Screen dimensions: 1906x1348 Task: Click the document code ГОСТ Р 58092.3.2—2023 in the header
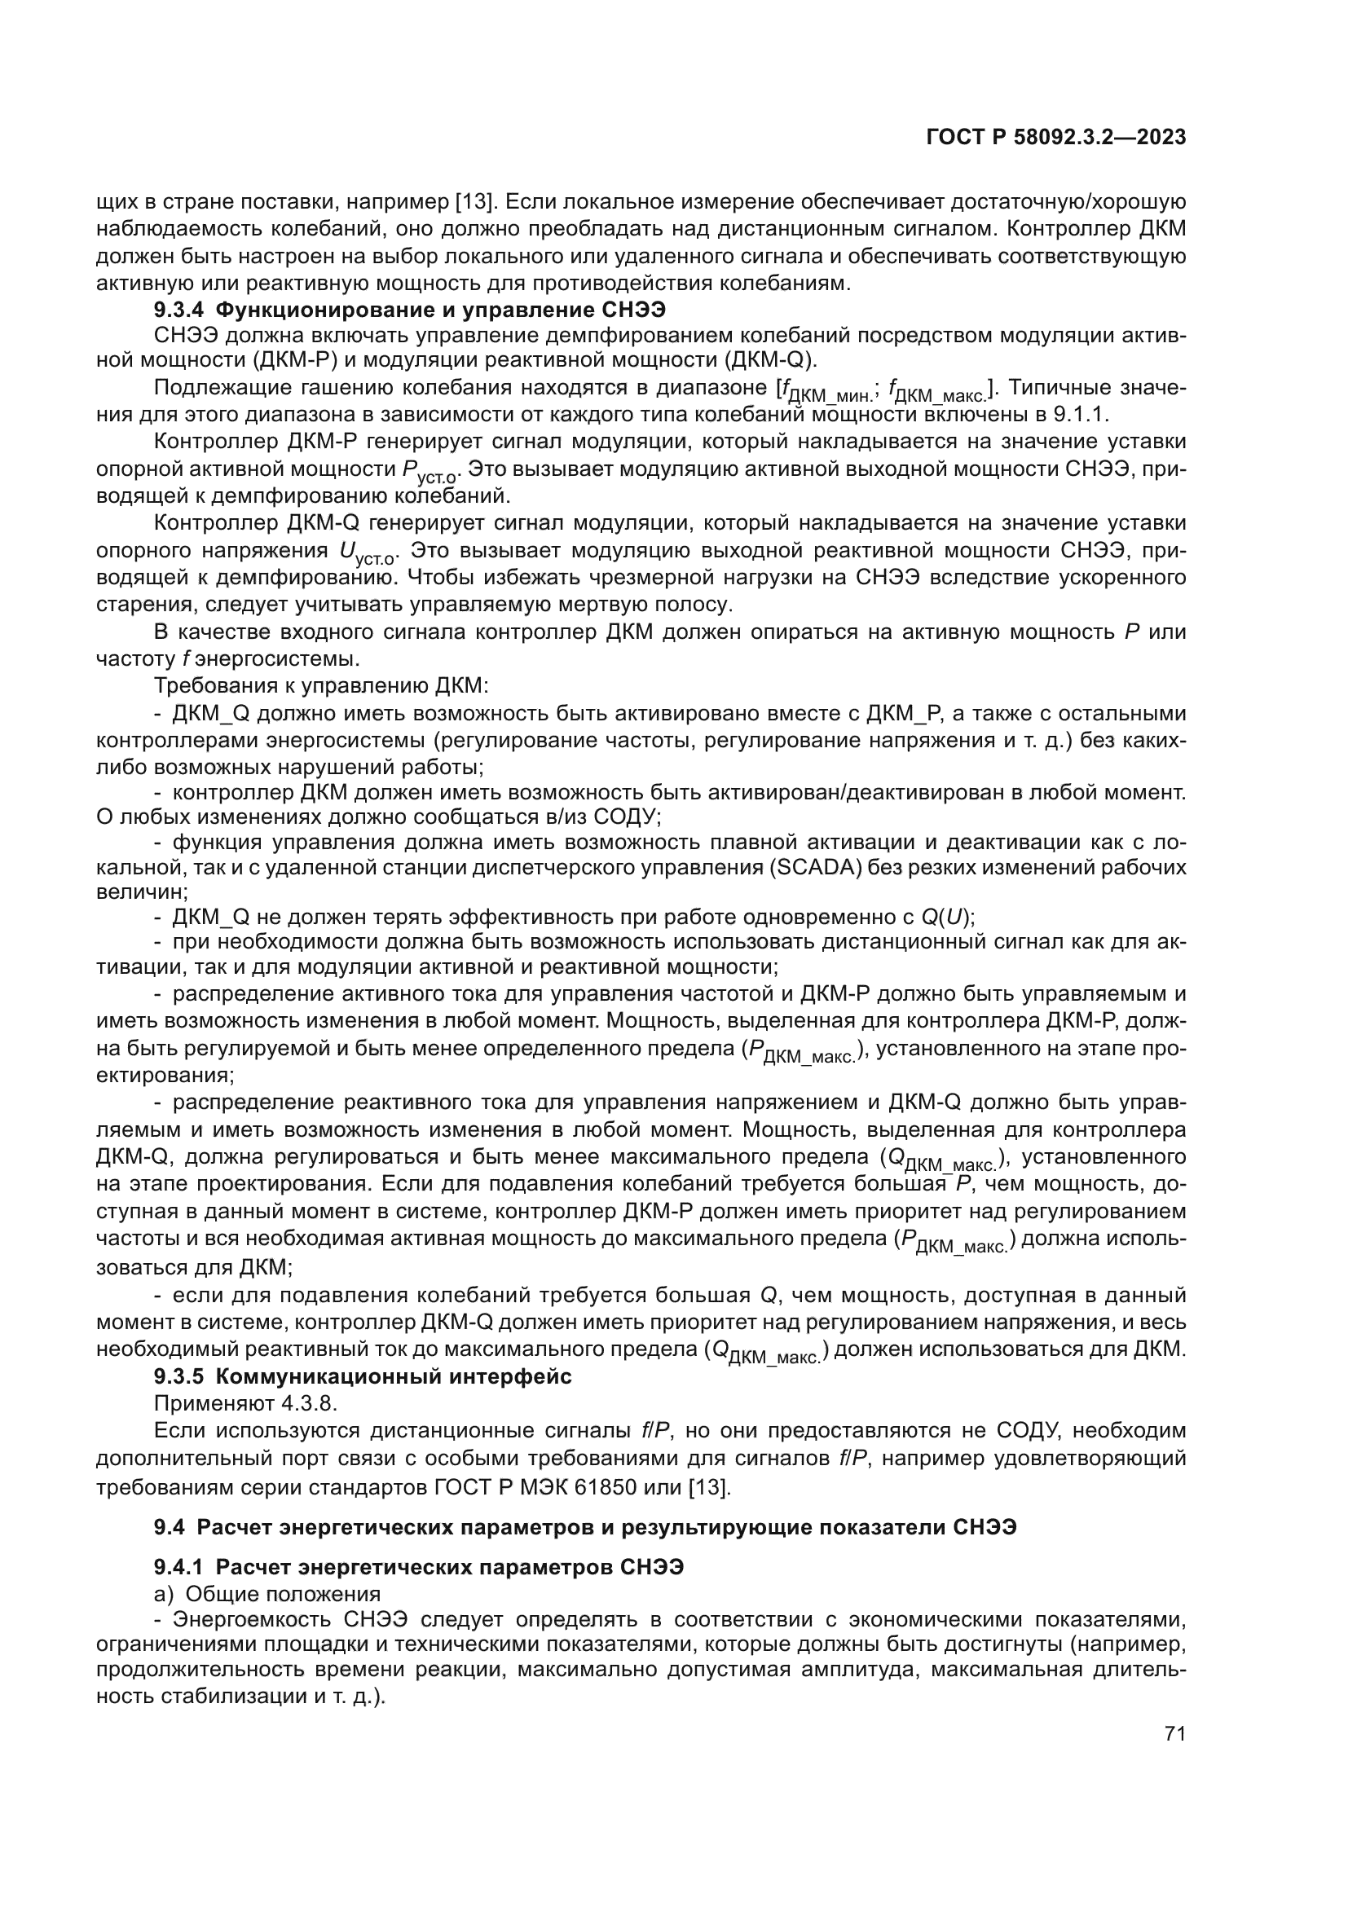click(x=1055, y=138)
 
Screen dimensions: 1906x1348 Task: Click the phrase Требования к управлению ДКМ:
click(x=322, y=685)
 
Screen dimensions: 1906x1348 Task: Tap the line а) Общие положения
click(x=267, y=1594)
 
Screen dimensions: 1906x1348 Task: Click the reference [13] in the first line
click(x=476, y=202)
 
